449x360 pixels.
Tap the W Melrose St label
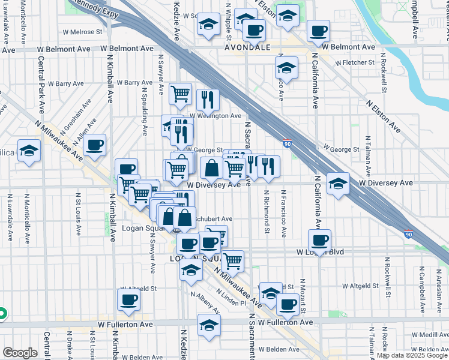pyautogui.click(x=81, y=31)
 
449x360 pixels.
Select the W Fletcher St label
pyautogui.click(x=355, y=62)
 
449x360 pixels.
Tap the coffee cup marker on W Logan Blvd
pyautogui.click(x=319, y=239)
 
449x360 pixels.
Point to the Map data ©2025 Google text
pyautogui.click(x=412, y=355)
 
